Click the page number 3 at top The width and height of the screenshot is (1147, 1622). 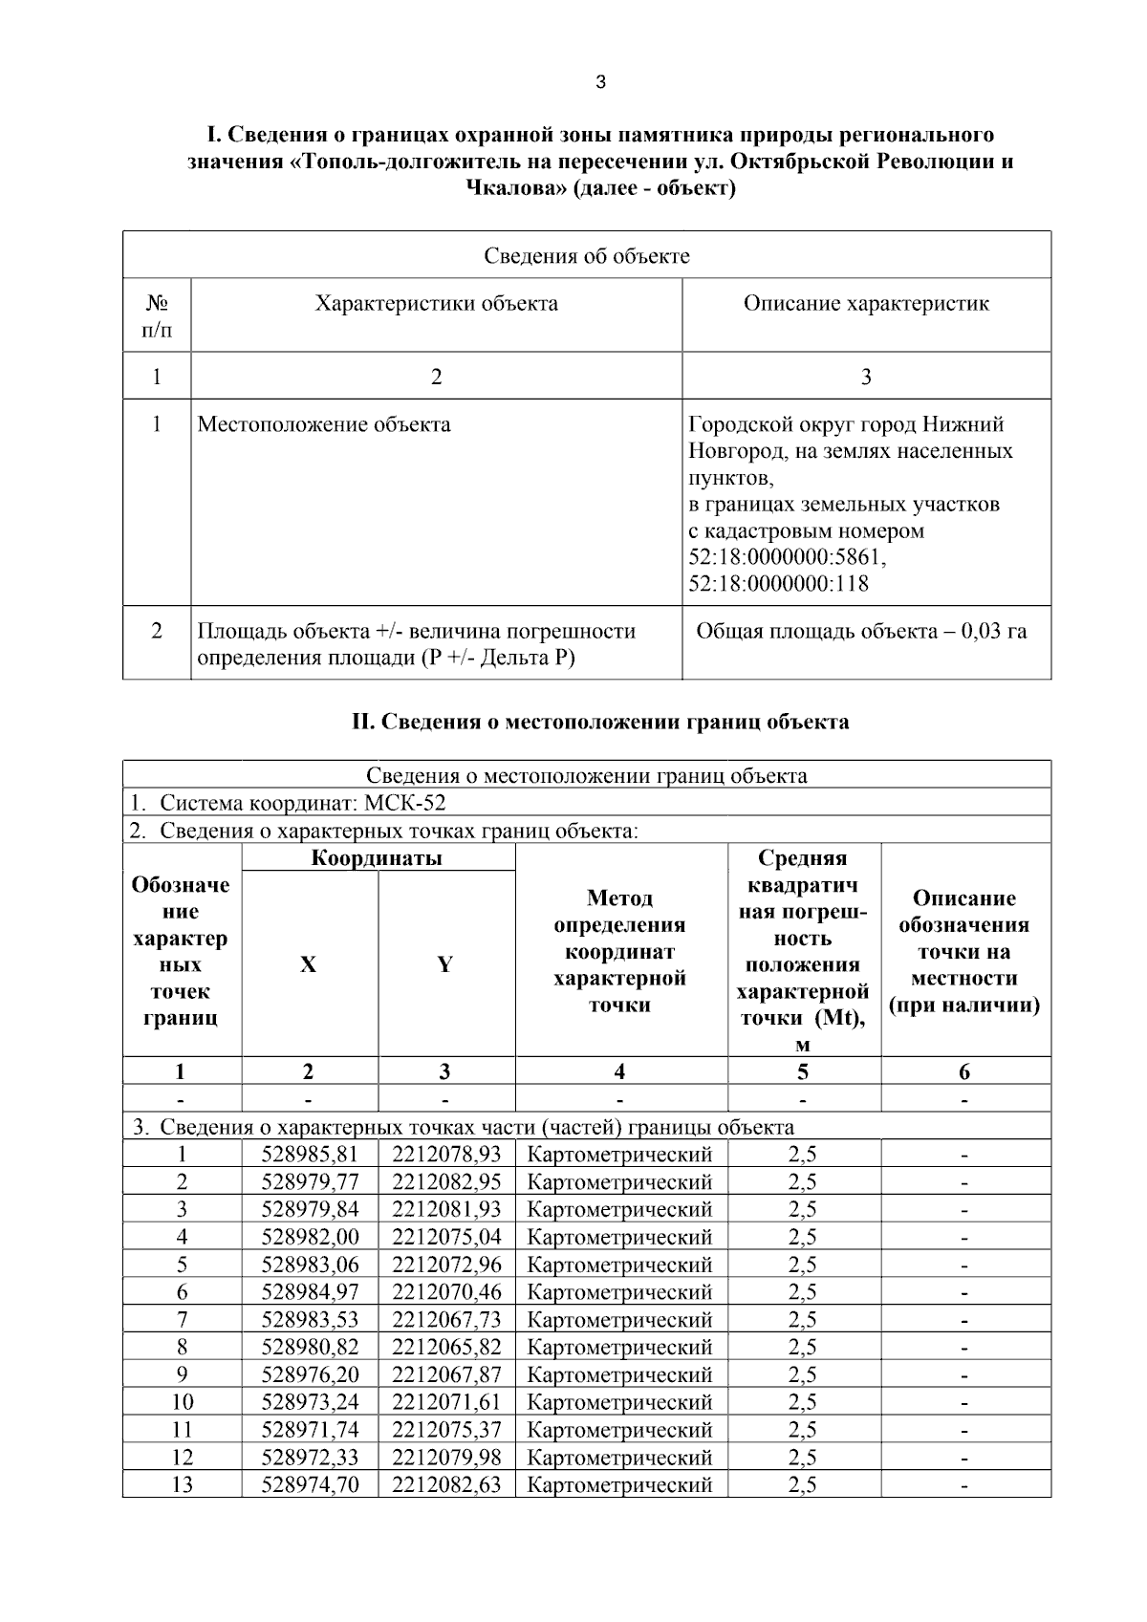pos(600,82)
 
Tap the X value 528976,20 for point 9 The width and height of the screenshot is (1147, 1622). pos(310,1374)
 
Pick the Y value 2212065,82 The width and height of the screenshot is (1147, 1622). pos(446,1347)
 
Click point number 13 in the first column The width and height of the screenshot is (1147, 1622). pos(182,1484)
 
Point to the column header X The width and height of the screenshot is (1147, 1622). pos(308,964)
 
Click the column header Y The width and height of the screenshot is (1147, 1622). pos(445,964)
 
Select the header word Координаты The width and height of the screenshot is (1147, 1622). pos(377,857)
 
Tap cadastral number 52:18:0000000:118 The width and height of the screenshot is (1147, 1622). pos(778,583)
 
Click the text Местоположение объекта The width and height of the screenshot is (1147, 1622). pos(324,424)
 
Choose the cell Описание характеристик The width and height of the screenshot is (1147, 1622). pos(866,304)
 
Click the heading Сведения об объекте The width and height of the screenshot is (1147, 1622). pos(586,255)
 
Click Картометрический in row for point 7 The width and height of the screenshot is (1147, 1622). pos(619,1320)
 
